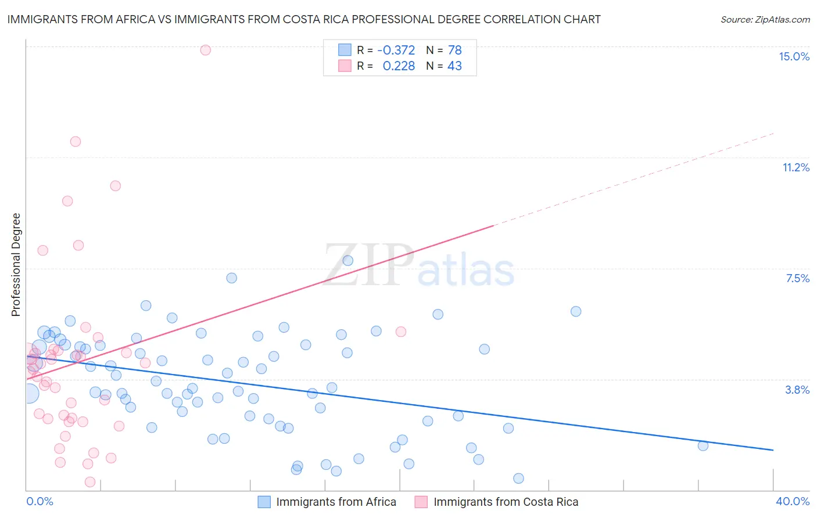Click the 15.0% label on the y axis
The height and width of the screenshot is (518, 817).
click(794, 56)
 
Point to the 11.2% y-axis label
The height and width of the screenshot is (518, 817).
click(795, 167)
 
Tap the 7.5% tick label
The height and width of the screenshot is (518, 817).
click(797, 278)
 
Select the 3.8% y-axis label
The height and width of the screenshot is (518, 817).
click(797, 390)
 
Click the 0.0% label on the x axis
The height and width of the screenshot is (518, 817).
click(40, 501)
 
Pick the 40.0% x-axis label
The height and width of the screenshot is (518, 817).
click(793, 501)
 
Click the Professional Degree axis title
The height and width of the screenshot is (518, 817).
click(16, 265)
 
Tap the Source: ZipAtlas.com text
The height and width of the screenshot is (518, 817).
click(765, 20)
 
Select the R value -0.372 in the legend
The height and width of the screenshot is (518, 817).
click(396, 51)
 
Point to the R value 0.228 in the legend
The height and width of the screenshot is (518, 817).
click(399, 66)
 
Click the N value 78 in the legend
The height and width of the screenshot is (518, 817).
click(454, 51)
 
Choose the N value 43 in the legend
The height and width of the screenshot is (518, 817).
click(454, 66)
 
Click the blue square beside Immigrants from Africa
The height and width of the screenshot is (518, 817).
click(264, 502)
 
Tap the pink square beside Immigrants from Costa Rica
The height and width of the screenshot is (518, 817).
click(421, 502)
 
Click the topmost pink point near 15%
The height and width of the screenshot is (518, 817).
click(205, 50)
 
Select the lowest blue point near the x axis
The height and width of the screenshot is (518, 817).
click(518, 479)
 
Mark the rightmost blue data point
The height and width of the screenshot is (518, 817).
click(703, 446)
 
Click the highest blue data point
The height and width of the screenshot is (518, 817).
click(347, 261)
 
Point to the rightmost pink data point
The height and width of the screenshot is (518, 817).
click(400, 332)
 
